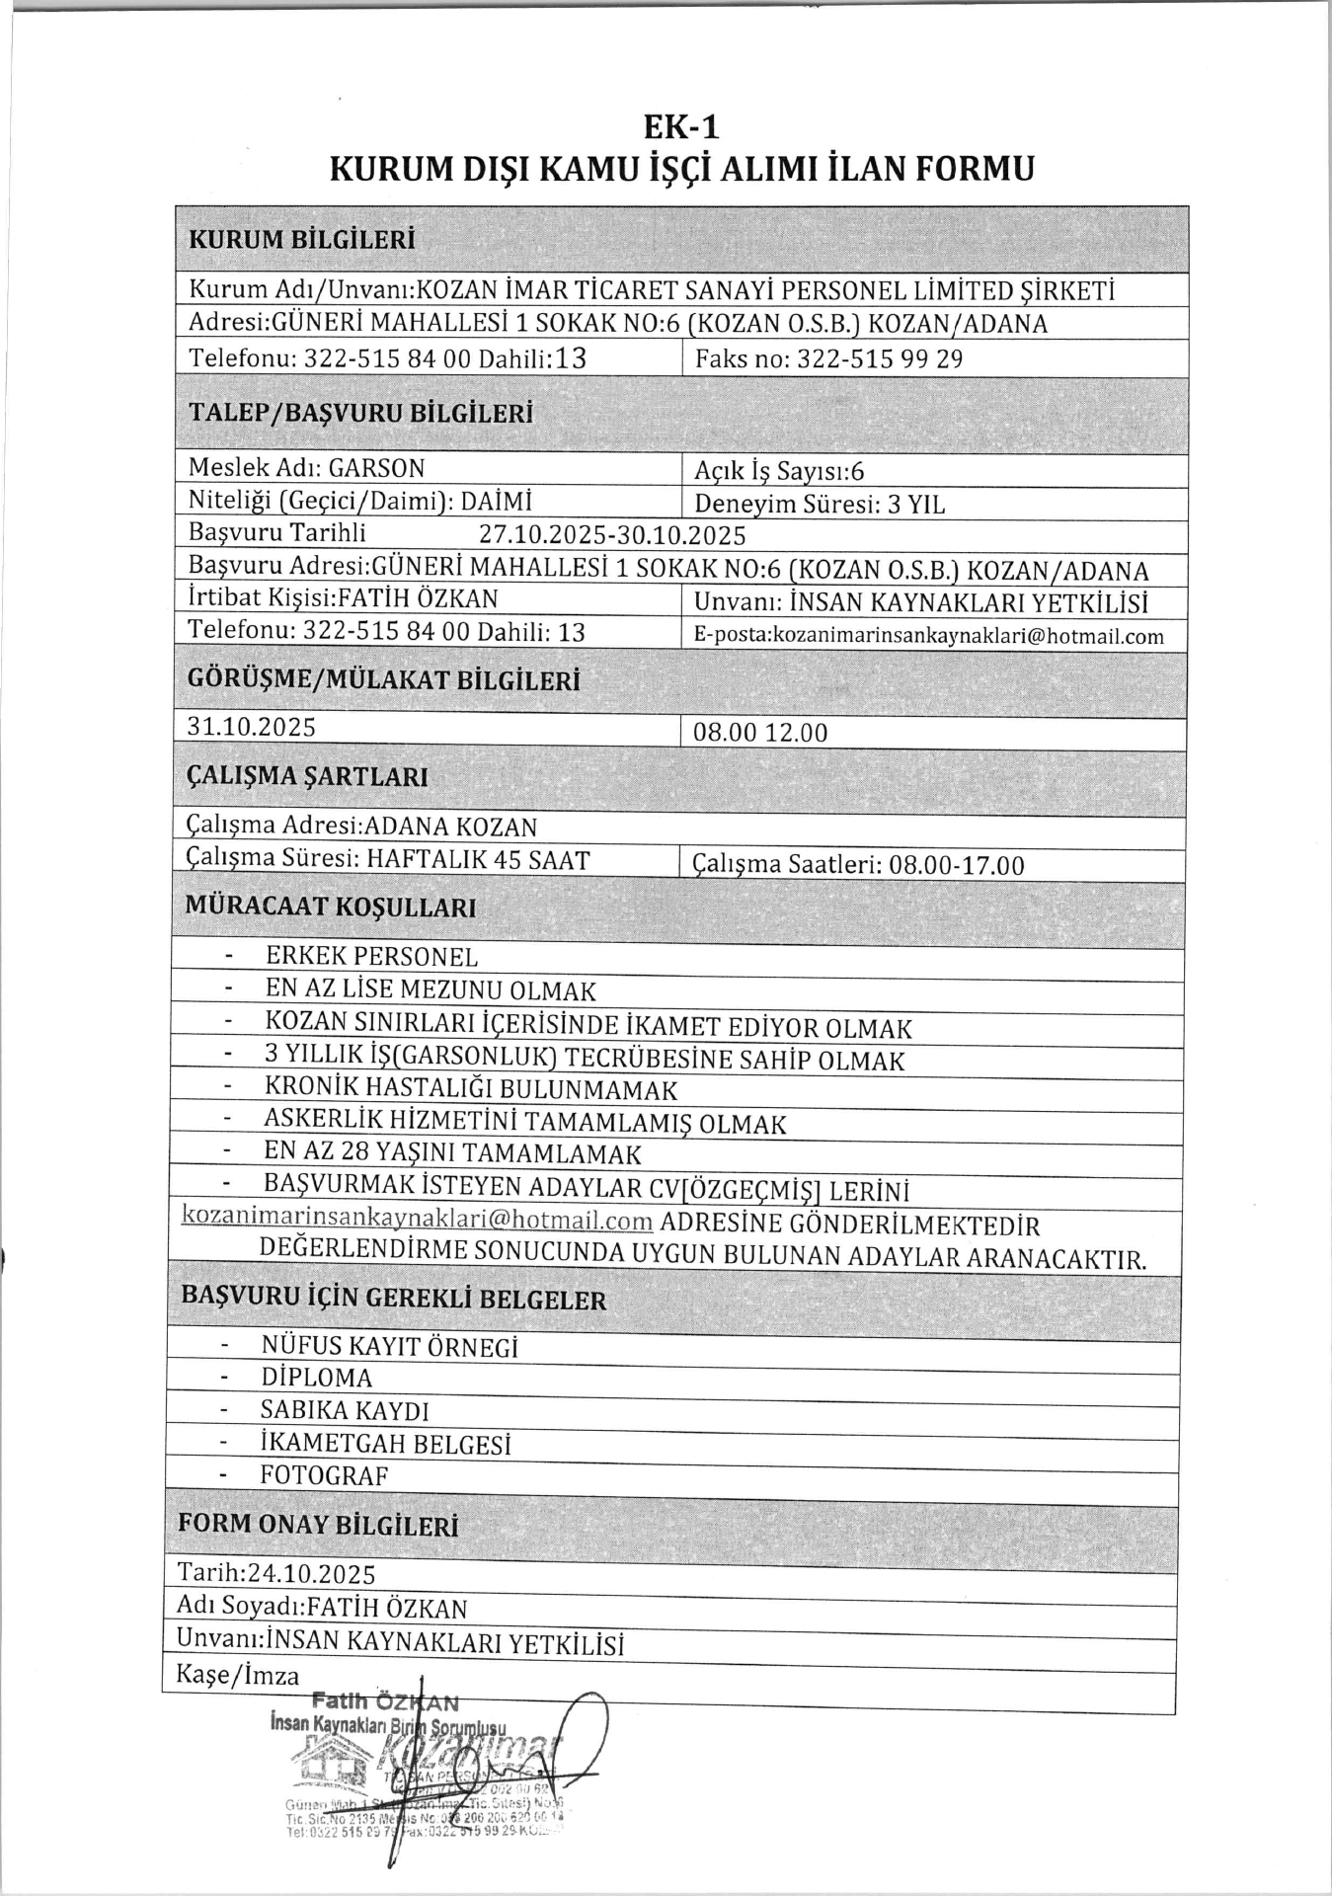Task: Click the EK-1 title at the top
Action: (681, 127)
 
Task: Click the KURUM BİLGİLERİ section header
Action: (301, 240)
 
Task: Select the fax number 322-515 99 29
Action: (879, 359)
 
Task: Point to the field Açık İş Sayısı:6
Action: (779, 472)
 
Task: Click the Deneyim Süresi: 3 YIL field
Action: (820, 505)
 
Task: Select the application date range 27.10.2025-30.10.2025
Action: (612, 535)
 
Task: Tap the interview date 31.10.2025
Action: (252, 728)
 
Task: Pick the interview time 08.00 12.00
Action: (760, 733)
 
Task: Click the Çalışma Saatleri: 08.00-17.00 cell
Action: (858, 865)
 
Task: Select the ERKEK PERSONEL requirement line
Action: (371, 956)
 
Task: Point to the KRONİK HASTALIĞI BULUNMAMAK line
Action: (471, 1090)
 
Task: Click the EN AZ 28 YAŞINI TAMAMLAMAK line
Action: (452, 1153)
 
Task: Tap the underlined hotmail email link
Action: (417, 1220)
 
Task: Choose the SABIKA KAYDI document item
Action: (344, 1410)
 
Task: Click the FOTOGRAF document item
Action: (324, 1475)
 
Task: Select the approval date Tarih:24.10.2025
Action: (276, 1573)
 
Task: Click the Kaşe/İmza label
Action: (237, 1675)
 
